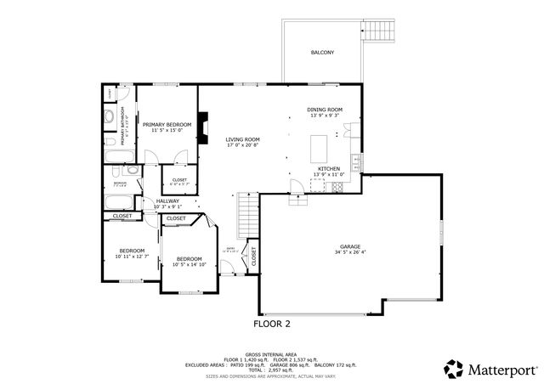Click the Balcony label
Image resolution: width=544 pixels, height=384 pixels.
pos(321,53)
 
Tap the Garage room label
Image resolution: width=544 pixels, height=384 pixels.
pos(350,248)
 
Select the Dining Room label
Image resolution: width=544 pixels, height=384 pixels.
pos(325,111)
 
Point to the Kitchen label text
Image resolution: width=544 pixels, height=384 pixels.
pos(330,169)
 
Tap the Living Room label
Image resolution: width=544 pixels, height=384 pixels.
pos(242,140)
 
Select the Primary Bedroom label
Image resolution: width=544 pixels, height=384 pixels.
pos(167,125)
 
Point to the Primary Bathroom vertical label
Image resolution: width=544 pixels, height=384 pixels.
pos(122,126)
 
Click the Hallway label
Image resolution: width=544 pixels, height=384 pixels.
pos(167,201)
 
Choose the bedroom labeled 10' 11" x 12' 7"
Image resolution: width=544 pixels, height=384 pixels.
pos(132,251)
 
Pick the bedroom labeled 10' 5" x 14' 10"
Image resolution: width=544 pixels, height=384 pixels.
pos(189,260)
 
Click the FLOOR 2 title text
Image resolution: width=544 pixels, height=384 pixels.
pos(272,324)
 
